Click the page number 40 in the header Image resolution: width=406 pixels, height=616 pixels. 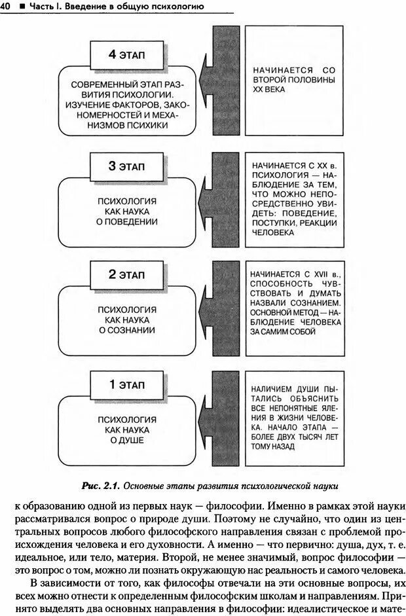click(x=5, y=7)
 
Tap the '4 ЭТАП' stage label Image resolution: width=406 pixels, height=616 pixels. click(x=129, y=54)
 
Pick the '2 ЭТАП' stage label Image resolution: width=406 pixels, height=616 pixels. click(x=129, y=274)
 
